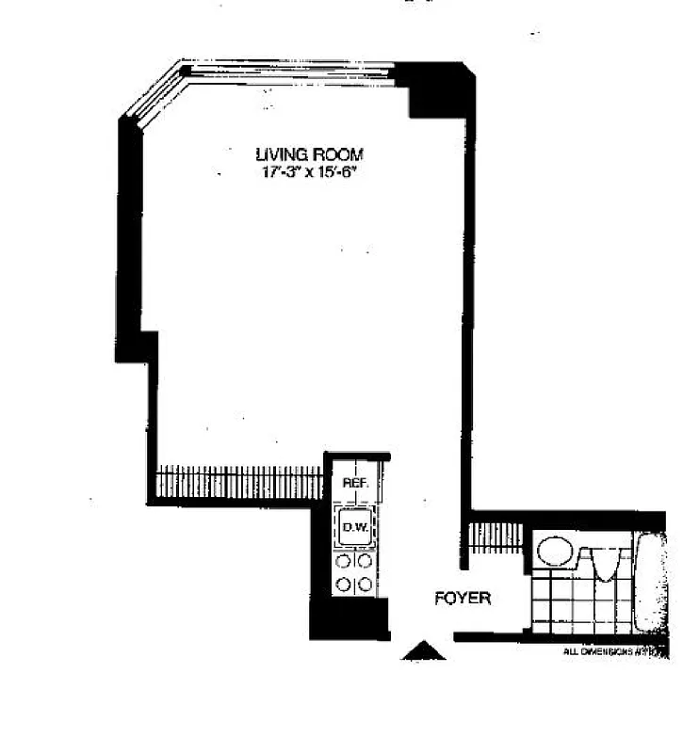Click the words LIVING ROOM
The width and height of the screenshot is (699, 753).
[x=309, y=154]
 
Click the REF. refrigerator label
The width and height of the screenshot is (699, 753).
[x=354, y=483]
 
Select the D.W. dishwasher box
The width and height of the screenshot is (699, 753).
[x=355, y=527]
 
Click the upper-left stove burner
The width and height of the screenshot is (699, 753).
[x=344, y=561]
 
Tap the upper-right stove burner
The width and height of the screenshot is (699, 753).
[x=366, y=561]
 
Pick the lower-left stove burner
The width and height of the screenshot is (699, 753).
[x=344, y=585]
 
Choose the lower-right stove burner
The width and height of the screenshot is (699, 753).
[x=366, y=585]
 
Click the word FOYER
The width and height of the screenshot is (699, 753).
[x=463, y=598]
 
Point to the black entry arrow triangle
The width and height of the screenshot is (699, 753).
[x=423, y=650]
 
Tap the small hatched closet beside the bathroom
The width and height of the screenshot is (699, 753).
[x=496, y=537]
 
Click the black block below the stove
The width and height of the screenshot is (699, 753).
[x=349, y=619]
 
